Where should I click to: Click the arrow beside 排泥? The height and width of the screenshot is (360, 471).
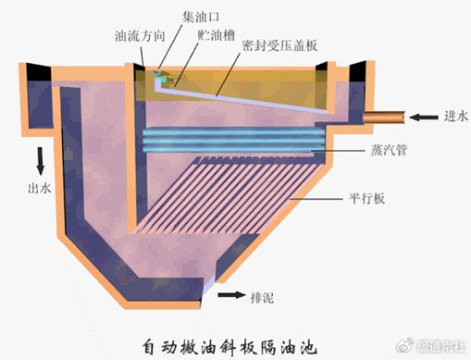[230, 296]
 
